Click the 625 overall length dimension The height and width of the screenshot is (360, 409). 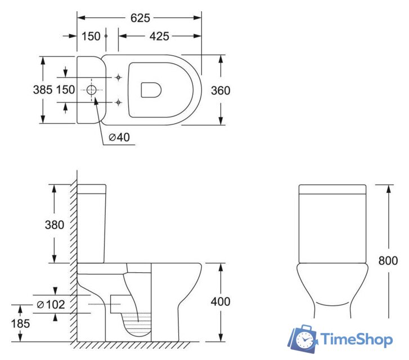[x=140, y=18]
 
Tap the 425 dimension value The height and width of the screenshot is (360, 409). [x=159, y=36]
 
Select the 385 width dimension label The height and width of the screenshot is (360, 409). [x=43, y=90]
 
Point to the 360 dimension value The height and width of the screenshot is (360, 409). [x=221, y=91]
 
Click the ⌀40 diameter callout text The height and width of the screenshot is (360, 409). [x=119, y=137]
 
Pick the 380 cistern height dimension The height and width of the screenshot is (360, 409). [x=55, y=225]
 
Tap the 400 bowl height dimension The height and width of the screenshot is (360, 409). [x=221, y=301]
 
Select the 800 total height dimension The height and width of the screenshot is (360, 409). [x=388, y=260]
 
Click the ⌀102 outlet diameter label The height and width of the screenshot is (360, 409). [x=51, y=304]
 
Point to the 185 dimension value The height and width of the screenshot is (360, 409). [x=21, y=324]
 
